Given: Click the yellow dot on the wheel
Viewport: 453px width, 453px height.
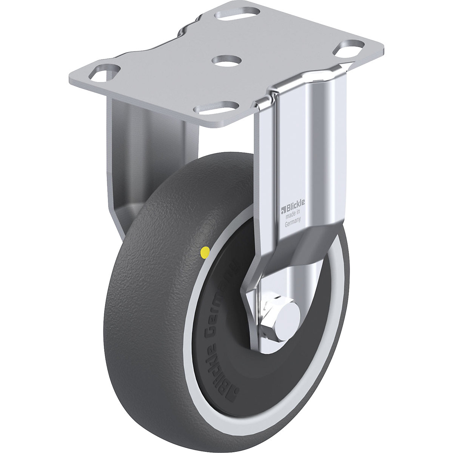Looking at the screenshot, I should point(206,251).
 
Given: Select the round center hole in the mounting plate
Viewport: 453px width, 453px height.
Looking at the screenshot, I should point(226,60).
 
